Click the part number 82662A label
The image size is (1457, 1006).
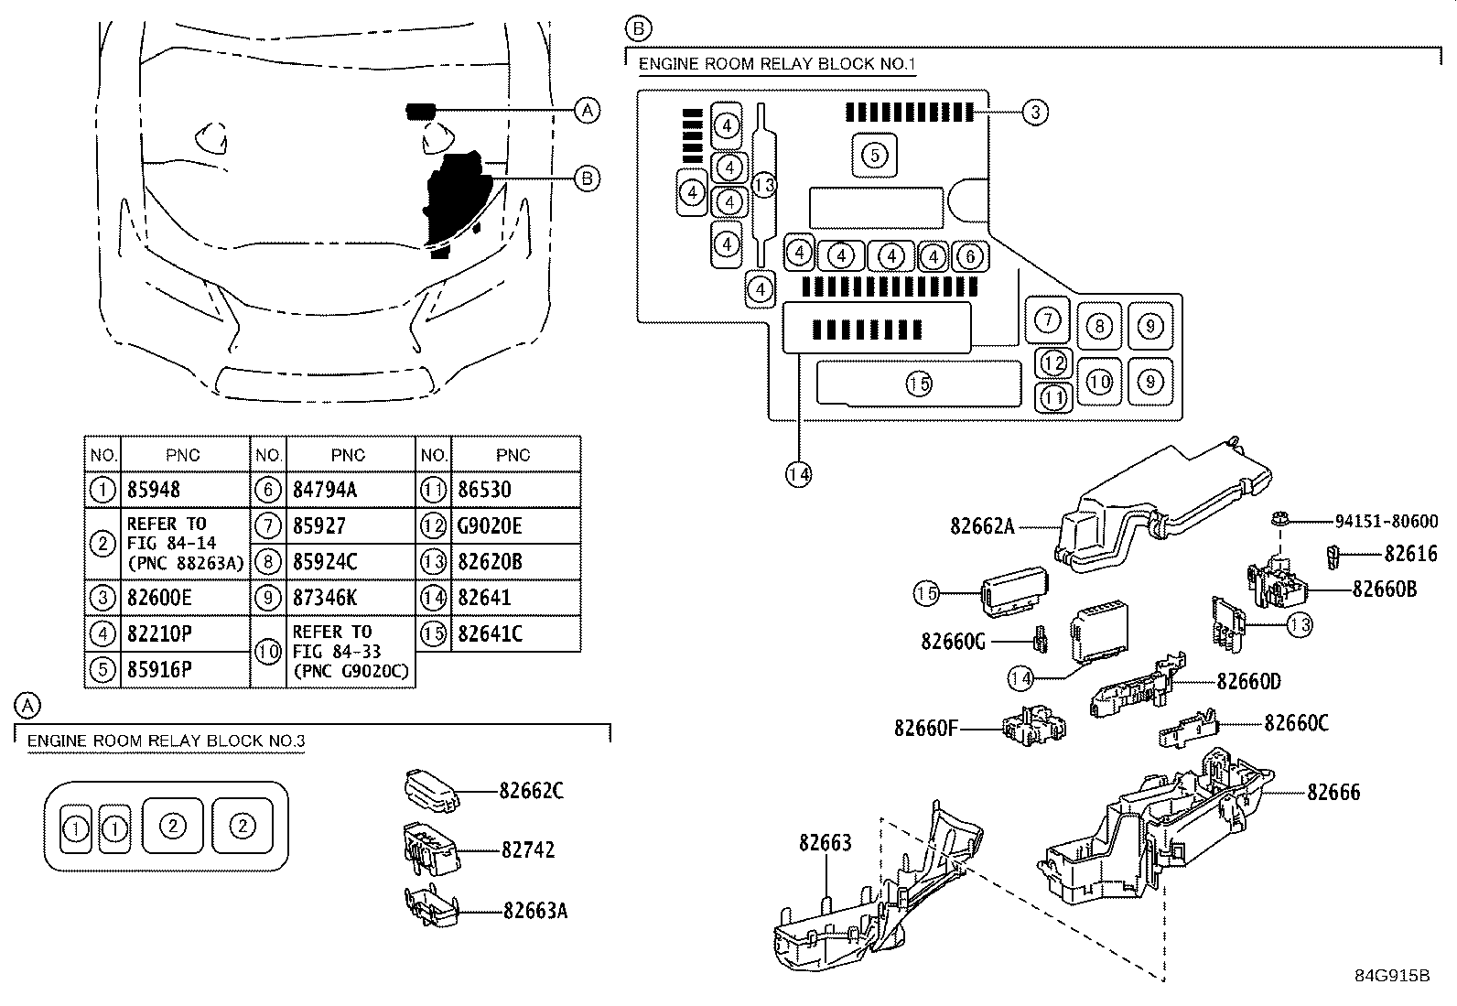(x=982, y=526)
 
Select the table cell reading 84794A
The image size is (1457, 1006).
(x=325, y=491)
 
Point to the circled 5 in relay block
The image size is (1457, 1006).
(x=875, y=155)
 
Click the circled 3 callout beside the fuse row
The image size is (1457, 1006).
(x=1034, y=113)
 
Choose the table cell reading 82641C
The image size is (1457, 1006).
(x=490, y=633)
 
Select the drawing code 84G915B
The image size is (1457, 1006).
(x=1392, y=976)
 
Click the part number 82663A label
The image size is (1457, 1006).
(x=534, y=911)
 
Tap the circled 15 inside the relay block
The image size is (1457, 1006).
(x=919, y=384)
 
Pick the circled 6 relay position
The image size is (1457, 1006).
(x=970, y=257)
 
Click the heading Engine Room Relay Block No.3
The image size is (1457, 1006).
(x=166, y=741)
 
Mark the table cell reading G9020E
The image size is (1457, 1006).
(x=490, y=526)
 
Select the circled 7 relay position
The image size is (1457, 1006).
(x=1048, y=319)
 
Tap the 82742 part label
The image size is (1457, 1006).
(x=528, y=850)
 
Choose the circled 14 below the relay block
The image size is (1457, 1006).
(x=798, y=473)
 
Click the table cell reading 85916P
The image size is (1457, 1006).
(x=159, y=670)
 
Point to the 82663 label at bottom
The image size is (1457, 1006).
(x=825, y=842)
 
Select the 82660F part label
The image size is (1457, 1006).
(x=925, y=728)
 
